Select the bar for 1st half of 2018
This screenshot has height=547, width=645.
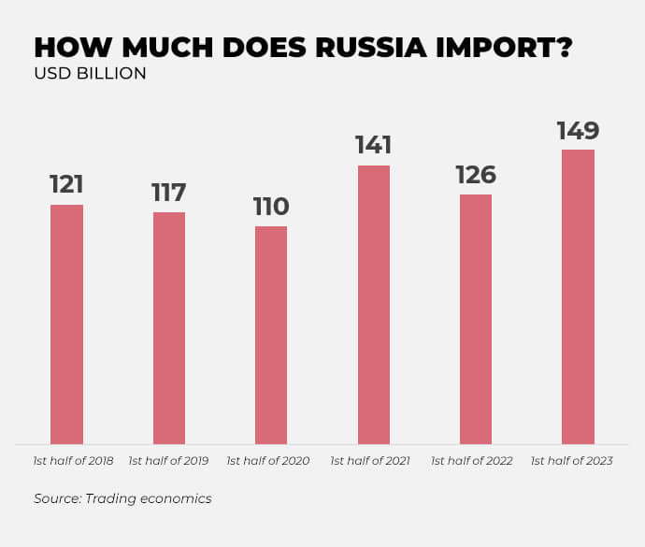tap(66, 324)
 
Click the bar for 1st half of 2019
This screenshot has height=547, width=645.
tap(169, 328)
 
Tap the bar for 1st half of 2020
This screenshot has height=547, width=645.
tap(271, 335)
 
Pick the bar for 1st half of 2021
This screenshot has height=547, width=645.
tap(373, 305)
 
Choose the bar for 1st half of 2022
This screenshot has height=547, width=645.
tap(476, 319)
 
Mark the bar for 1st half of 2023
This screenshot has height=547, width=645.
tap(578, 296)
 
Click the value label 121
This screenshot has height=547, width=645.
tap(66, 184)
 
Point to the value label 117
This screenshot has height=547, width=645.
tap(169, 193)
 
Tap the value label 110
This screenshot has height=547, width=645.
tap(271, 207)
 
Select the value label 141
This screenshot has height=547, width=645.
tap(373, 145)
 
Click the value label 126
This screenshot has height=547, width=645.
tap(476, 175)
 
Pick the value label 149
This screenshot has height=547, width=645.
tap(578, 130)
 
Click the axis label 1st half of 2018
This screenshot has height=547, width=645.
tap(73, 461)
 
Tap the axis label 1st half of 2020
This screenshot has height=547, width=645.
tap(268, 461)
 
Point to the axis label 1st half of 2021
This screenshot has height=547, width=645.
tap(370, 461)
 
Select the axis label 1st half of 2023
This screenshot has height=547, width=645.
tap(571, 461)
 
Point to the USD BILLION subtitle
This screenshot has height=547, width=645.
tap(90, 74)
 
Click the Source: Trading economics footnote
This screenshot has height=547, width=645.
tap(122, 498)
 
